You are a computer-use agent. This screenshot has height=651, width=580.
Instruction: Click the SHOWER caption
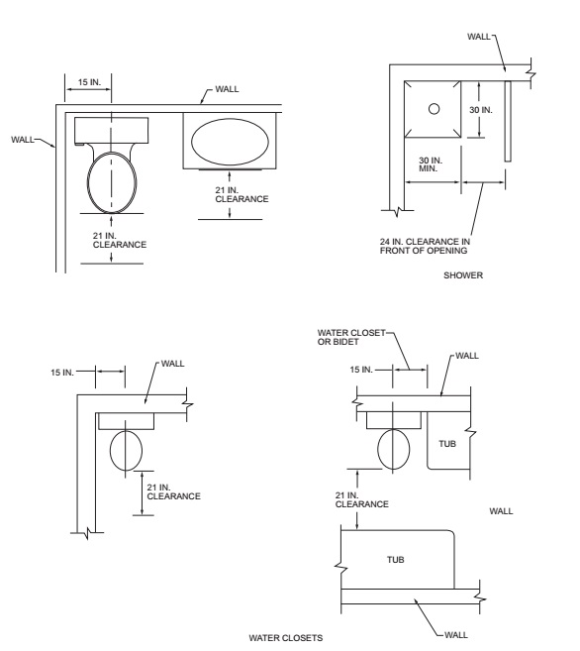tap(463, 275)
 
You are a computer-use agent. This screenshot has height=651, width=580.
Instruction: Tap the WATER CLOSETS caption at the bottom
tap(286, 638)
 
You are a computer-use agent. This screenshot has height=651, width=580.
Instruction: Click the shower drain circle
tap(434, 109)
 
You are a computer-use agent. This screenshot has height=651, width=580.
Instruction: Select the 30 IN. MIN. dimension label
tap(431, 164)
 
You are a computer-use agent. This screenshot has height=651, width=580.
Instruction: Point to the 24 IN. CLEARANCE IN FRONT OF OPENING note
tap(425, 246)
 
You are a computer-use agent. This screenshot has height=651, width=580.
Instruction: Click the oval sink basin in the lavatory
tap(230, 142)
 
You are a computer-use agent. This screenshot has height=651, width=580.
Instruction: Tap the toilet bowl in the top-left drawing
tap(112, 182)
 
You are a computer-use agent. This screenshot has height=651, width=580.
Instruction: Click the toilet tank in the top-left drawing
tap(112, 131)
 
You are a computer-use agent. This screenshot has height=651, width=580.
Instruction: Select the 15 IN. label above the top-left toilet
tap(89, 82)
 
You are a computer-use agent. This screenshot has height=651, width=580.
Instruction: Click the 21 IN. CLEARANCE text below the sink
tap(242, 195)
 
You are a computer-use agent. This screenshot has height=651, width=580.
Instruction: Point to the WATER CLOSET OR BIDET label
tap(351, 337)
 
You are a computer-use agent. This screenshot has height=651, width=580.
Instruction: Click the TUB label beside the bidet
tap(447, 444)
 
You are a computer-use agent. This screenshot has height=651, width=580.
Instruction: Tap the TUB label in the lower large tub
tap(396, 560)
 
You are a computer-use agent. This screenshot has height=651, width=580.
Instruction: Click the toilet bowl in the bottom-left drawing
tap(126, 451)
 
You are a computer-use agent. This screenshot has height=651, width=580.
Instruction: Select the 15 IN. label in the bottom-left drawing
tap(62, 373)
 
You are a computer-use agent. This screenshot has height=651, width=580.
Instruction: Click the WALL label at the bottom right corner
tap(456, 635)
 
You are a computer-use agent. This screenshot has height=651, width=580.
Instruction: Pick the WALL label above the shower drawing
tap(479, 37)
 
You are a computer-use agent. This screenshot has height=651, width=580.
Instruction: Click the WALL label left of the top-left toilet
tap(23, 140)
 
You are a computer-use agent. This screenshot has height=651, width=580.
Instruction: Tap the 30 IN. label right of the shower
tap(481, 110)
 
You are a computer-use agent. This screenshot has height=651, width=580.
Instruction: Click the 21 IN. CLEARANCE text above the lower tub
tap(362, 499)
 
